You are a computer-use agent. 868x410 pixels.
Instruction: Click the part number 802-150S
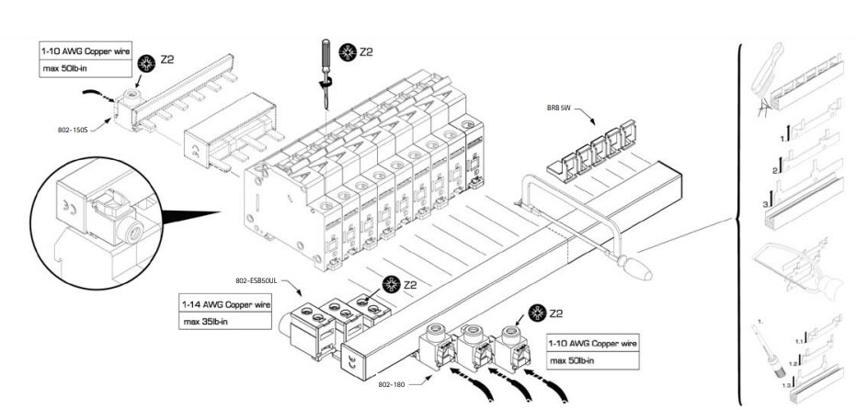pos(72,131)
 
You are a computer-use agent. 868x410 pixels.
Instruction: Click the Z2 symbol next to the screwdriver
pos(357,51)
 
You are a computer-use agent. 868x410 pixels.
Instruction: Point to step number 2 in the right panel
pos(775,170)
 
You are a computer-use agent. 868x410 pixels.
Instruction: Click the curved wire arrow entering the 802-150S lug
pos(95,93)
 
